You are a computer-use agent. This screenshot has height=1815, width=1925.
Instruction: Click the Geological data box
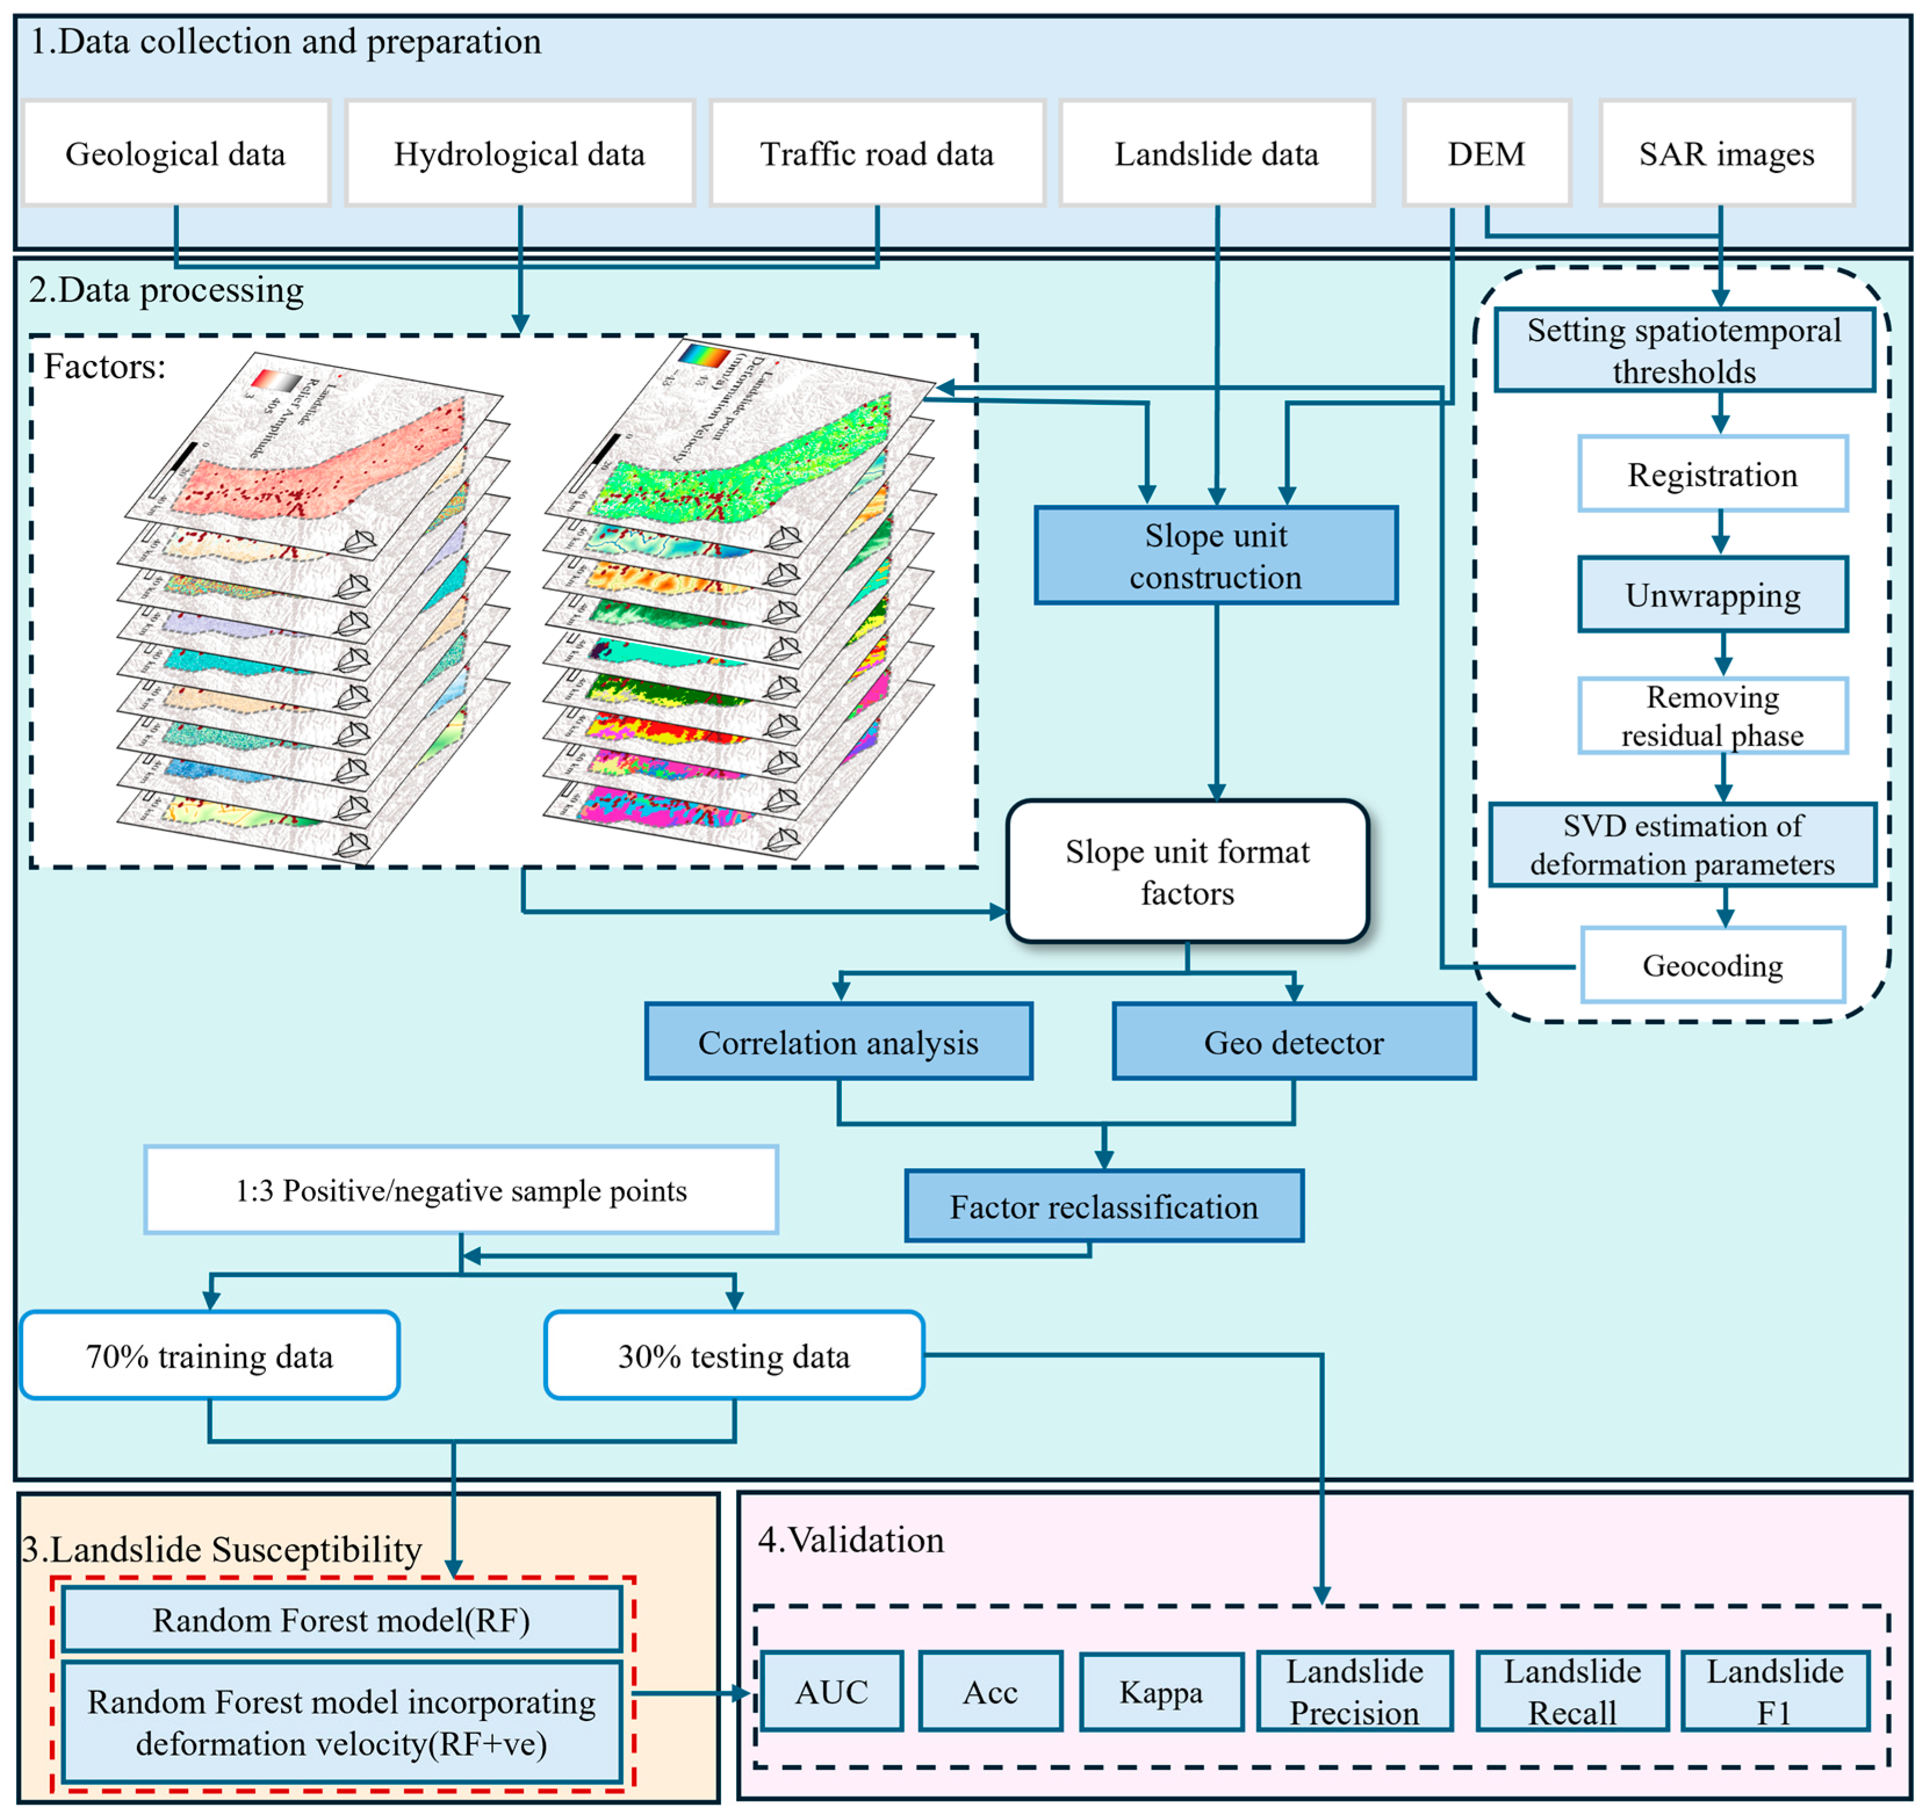(175, 153)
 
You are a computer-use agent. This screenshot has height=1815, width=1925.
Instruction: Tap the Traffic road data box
(877, 153)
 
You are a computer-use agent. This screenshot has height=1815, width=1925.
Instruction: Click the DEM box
(1486, 153)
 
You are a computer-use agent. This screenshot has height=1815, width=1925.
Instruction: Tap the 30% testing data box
(733, 1355)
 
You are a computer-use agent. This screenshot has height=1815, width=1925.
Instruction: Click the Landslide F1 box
(1774, 1692)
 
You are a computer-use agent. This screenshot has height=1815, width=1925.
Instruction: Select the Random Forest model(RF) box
(341, 1619)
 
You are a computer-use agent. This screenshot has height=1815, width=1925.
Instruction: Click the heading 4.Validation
(850, 1539)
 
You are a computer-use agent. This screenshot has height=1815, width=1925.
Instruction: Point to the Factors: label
(104, 367)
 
